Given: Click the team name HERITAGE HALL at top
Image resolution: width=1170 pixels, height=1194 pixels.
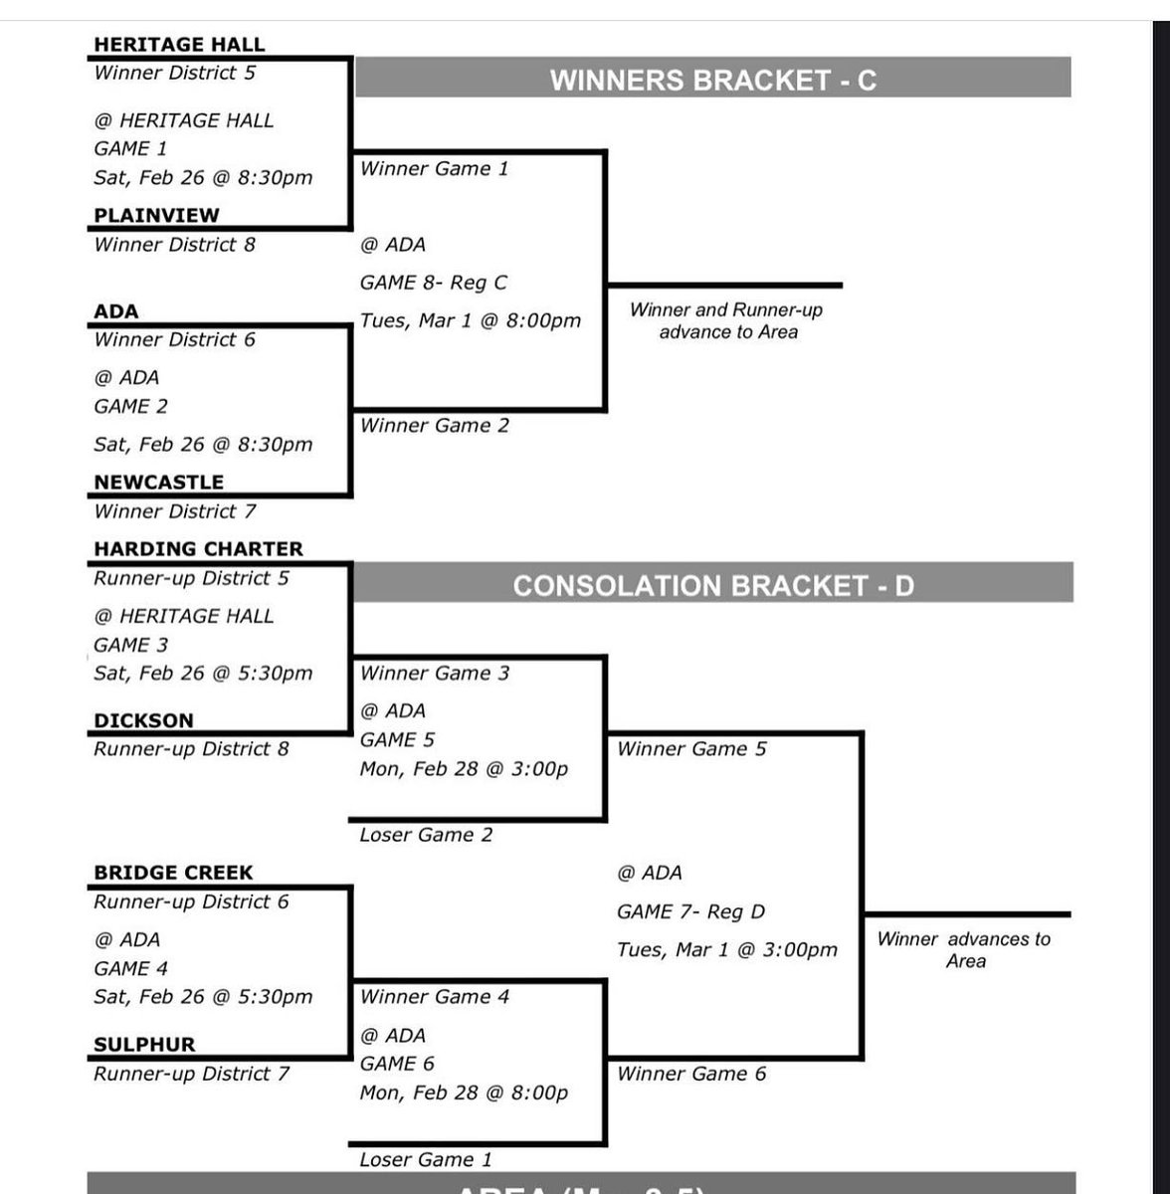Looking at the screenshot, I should click(x=179, y=44).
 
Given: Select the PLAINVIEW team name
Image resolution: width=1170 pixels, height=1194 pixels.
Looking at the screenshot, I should click(x=156, y=215).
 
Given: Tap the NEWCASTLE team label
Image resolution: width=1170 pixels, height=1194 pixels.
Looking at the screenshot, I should click(x=158, y=482).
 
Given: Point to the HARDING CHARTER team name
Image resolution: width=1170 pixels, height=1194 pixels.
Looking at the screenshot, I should click(x=198, y=548).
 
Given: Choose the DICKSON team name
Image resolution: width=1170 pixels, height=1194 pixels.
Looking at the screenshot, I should click(x=143, y=720).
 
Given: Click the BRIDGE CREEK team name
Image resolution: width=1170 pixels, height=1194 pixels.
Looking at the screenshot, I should click(x=173, y=873).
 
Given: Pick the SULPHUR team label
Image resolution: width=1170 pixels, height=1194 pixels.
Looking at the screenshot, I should click(x=144, y=1045).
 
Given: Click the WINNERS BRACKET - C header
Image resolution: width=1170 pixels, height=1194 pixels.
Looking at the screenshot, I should click(x=712, y=80).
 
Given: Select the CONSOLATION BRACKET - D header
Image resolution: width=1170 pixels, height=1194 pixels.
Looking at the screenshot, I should click(x=712, y=585).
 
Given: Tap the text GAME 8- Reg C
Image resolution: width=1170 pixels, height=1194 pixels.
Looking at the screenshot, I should click(x=433, y=283).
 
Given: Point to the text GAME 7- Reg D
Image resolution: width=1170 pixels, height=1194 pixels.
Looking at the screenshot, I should click(x=690, y=911).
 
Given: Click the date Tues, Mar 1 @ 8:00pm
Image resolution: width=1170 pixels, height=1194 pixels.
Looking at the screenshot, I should click(x=470, y=320).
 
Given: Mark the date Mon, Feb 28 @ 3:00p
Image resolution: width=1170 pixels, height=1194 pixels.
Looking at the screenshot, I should click(x=464, y=768).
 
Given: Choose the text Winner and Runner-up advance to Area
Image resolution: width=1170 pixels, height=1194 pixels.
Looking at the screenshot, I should click(x=726, y=320).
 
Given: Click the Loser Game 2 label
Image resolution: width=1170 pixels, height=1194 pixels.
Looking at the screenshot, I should click(x=426, y=835).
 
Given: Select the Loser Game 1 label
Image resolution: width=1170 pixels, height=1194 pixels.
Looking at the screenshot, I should click(x=426, y=1159).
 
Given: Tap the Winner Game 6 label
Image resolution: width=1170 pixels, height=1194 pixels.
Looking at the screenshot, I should click(x=691, y=1074).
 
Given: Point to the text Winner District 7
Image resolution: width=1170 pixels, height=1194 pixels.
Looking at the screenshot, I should click(x=174, y=511).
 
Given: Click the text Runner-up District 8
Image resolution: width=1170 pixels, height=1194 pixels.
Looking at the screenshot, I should click(x=191, y=748).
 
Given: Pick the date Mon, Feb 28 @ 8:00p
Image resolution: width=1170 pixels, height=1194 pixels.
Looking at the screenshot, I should click(x=464, y=1093).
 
